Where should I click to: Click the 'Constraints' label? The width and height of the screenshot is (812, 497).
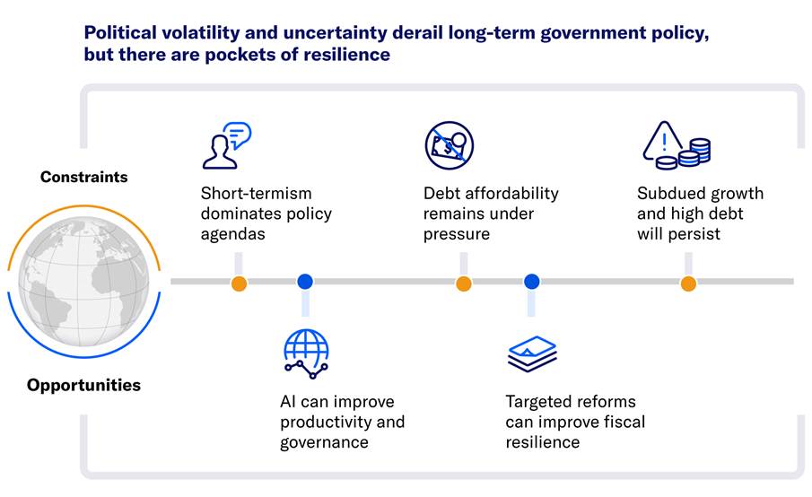pyautogui.click(x=84, y=177)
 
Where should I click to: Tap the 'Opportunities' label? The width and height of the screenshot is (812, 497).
pyautogui.click(x=84, y=385)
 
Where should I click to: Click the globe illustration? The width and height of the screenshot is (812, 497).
pyautogui.click(x=84, y=282)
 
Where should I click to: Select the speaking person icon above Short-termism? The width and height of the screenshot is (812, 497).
pyautogui.click(x=227, y=145)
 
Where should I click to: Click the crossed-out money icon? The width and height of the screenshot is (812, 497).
pyautogui.click(x=449, y=145)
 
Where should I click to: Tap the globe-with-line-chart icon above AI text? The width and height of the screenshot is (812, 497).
pyautogui.click(x=306, y=354)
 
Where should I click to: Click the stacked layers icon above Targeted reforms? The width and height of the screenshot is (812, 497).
pyautogui.click(x=532, y=354)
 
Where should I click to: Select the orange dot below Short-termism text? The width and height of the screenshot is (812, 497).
pyautogui.click(x=239, y=283)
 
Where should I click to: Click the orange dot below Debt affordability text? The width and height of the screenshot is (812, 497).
pyautogui.click(x=464, y=283)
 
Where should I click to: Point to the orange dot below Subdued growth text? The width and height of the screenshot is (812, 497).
pyautogui.click(x=688, y=283)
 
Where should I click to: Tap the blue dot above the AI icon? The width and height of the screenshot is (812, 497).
pyautogui.click(x=305, y=282)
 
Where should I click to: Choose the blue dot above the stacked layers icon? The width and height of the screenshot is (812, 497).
pyautogui.click(x=532, y=282)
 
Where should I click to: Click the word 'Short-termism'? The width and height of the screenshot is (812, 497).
pyautogui.click(x=257, y=193)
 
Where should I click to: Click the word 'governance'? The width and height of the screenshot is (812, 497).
pyautogui.click(x=324, y=442)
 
